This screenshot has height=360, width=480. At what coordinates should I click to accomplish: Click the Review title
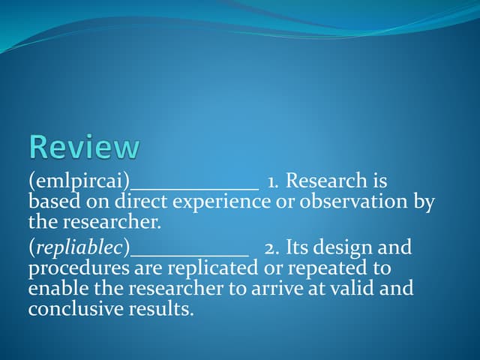click(x=84, y=147)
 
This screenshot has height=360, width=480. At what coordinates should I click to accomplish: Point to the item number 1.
click(x=274, y=181)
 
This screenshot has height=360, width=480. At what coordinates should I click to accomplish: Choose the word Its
click(x=298, y=247)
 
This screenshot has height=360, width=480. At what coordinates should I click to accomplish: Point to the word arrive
click(x=301, y=288)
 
